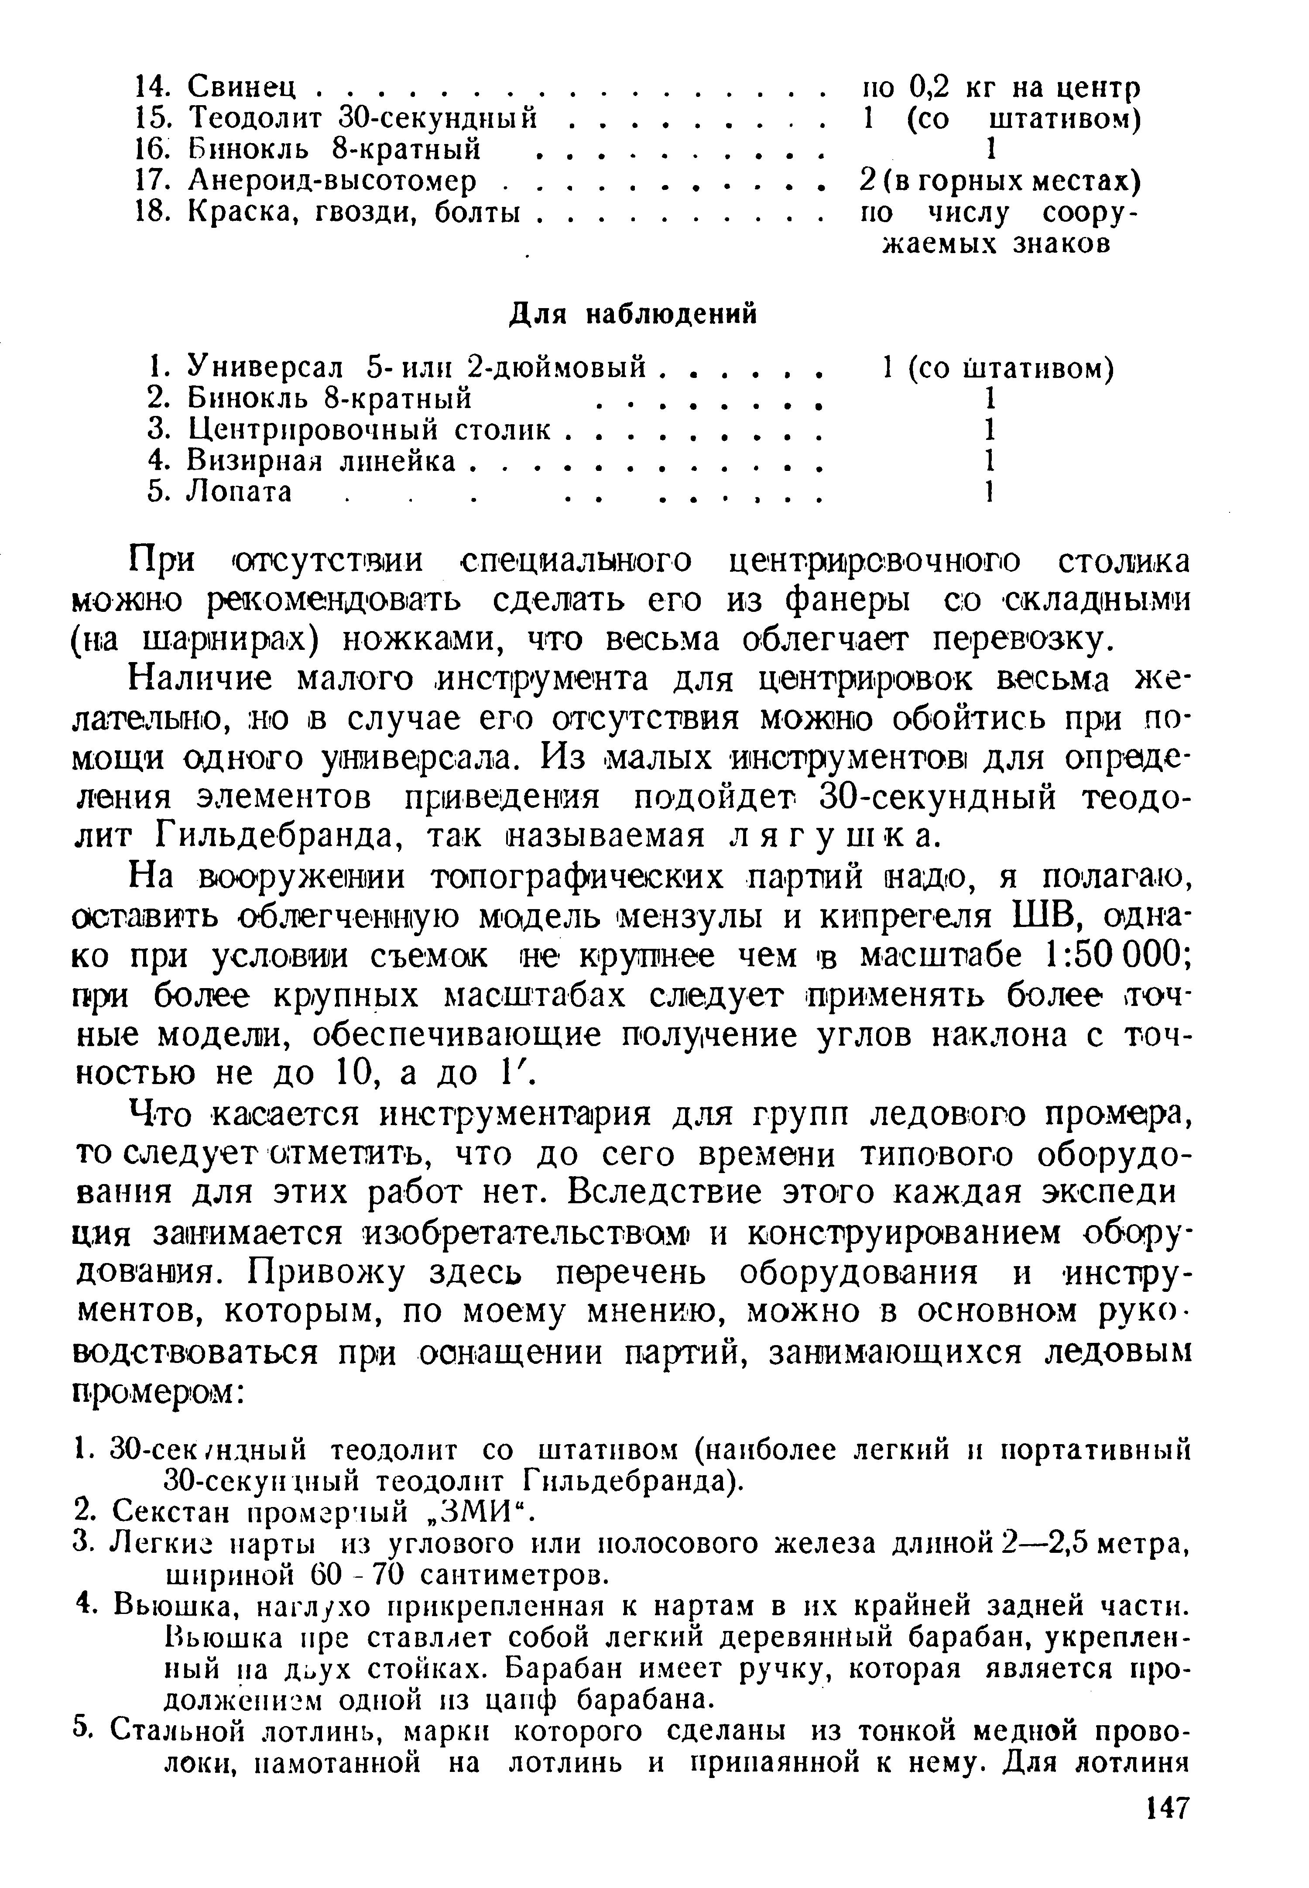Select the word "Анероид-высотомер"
332,180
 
